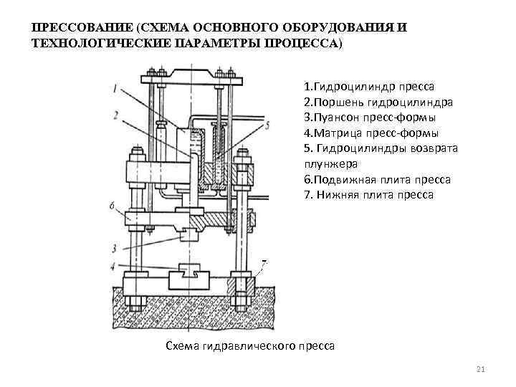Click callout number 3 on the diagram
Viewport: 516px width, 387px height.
tap(115, 249)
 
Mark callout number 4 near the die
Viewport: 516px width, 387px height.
tap(115, 267)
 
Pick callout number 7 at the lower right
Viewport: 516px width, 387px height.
tap(264, 264)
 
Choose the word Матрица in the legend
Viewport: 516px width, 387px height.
tap(335, 133)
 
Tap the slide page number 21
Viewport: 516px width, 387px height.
tap(481, 370)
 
